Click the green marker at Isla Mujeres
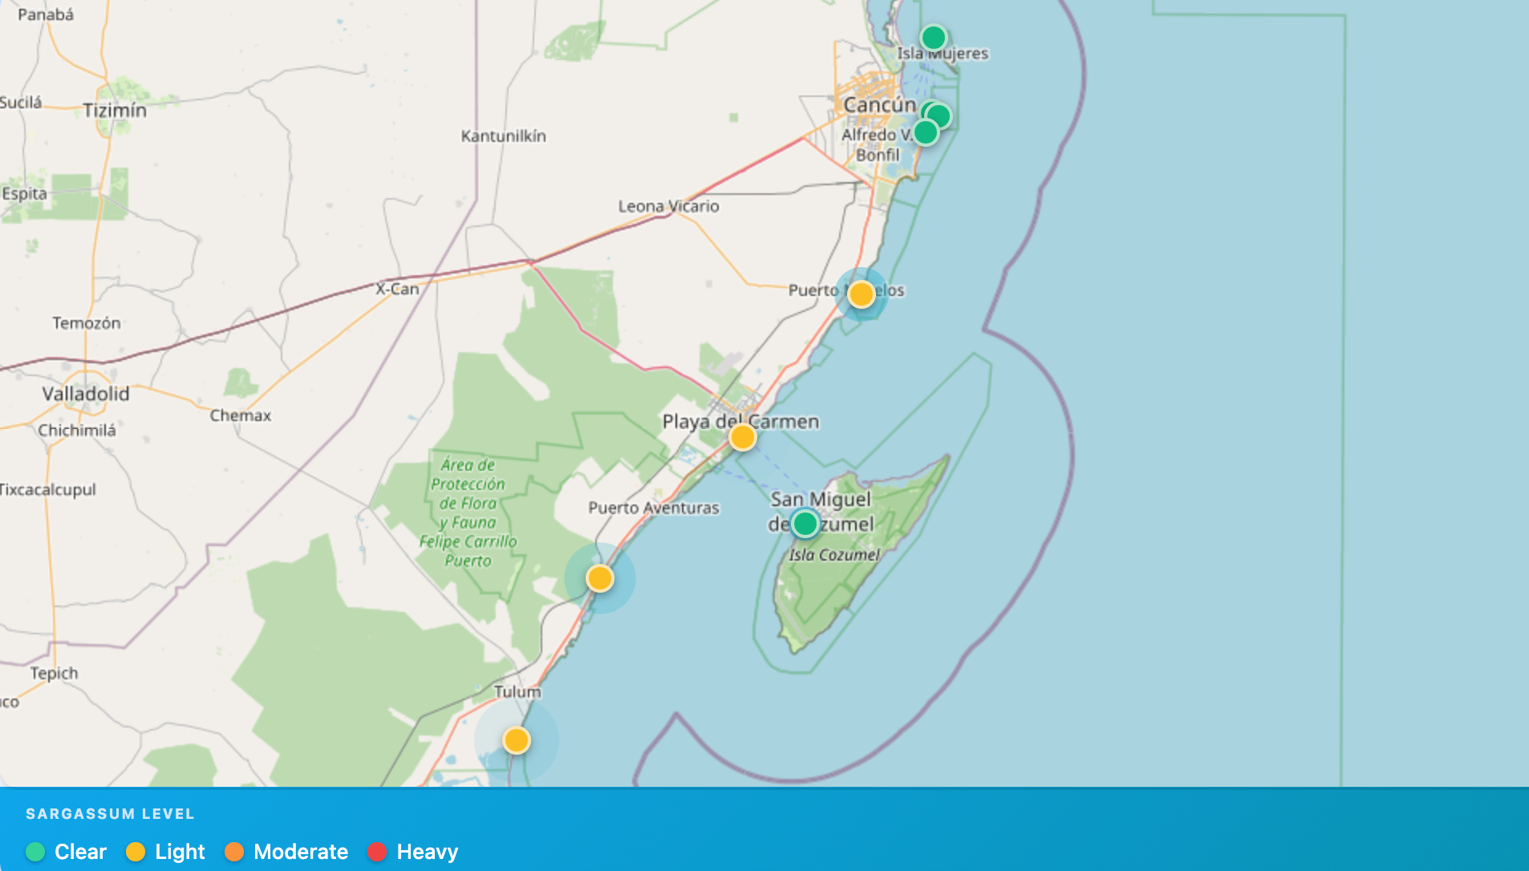[933, 38]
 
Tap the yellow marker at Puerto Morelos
[861, 294]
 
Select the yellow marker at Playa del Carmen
[742, 437]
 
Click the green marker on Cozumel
[805, 524]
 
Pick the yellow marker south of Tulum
[516, 739]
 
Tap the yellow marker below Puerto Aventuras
[599, 578]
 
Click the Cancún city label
[879, 105]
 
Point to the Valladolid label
[85, 394]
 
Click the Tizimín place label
[115, 111]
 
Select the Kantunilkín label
[503, 136]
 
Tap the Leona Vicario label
[668, 206]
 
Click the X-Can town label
[397, 289]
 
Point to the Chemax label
[240, 415]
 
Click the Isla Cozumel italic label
[833, 555]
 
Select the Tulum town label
[517, 691]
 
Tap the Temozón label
[87, 323]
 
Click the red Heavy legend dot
[376, 852]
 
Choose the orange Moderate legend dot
[234, 852]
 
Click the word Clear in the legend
[80, 852]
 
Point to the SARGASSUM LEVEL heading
[110, 814]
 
